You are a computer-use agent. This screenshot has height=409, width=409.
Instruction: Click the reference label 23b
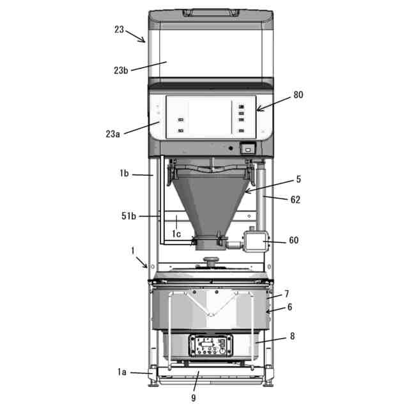click(121, 70)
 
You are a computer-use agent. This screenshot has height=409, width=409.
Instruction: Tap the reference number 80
click(298, 95)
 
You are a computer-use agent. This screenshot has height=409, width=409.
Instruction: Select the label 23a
click(112, 134)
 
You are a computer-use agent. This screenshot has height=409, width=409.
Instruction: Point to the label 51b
click(128, 216)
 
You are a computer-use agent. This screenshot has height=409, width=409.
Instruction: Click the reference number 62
click(295, 200)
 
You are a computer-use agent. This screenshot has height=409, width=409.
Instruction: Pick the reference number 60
click(294, 240)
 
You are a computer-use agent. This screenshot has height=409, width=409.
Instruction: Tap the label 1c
click(176, 234)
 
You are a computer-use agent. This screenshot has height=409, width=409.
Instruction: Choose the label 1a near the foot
click(122, 372)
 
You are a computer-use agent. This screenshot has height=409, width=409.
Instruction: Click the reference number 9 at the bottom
click(193, 397)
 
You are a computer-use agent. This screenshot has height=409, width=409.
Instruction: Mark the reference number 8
click(293, 336)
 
